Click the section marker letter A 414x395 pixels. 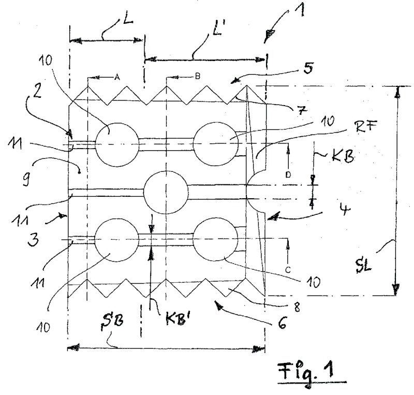tap(117, 77)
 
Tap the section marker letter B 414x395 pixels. tap(197, 76)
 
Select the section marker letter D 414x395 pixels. tap(288, 174)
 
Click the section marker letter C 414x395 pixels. tap(288, 270)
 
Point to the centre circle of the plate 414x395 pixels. tap(166, 192)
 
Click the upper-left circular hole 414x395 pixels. tap(117, 144)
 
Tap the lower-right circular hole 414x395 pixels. tap(216, 239)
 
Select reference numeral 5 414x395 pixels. tap(307, 68)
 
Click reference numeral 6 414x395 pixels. tap(282, 323)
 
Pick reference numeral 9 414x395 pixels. tap(27, 178)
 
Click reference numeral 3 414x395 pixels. tap(33, 239)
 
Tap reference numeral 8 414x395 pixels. tap(297, 308)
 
